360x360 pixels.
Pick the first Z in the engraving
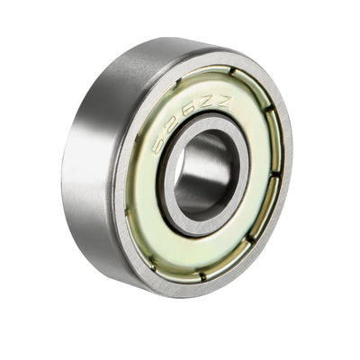pos(209,107)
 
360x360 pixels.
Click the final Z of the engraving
pos(222,103)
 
